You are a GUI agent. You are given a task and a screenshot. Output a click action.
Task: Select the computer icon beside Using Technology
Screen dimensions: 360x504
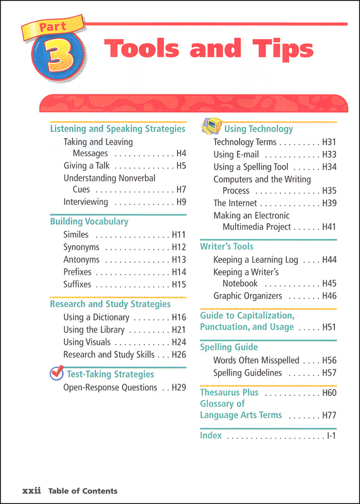click(x=211, y=127)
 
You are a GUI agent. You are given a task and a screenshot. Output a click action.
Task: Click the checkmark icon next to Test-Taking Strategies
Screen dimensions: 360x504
click(x=57, y=374)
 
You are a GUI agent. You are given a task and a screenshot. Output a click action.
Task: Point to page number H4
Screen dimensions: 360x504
click(x=181, y=153)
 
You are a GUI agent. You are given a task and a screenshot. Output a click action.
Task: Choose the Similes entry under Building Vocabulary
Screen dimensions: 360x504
click(x=76, y=234)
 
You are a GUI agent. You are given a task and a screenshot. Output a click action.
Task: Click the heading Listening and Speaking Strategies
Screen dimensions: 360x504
click(x=117, y=129)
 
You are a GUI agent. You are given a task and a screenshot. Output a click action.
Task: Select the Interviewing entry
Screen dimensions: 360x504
click(x=86, y=202)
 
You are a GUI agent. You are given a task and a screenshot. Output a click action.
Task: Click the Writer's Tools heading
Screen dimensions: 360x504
click(x=226, y=247)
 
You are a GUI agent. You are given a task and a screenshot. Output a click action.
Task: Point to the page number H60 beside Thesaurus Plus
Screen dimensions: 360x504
click(x=329, y=393)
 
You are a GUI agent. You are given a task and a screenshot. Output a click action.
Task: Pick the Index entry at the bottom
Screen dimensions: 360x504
click(x=211, y=435)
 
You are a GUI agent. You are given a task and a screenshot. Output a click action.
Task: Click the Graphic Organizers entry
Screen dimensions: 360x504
click(x=250, y=296)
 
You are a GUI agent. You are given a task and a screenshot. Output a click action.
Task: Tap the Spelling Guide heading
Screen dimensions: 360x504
click(x=229, y=347)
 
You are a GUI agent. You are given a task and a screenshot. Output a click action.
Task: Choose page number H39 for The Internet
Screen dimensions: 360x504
click(x=329, y=203)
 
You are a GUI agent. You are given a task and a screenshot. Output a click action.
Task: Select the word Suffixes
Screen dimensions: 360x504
click(x=78, y=285)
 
